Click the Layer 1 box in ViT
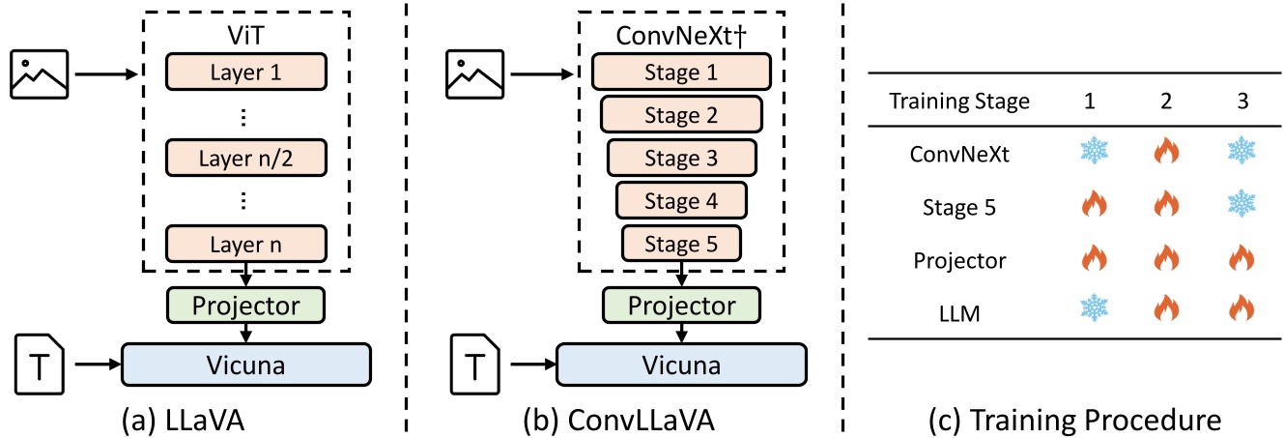pyautogui.click(x=245, y=72)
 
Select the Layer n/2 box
pyautogui.click(x=245, y=157)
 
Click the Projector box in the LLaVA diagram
pyautogui.click(x=245, y=305)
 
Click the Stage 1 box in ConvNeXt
pyautogui.click(x=680, y=73)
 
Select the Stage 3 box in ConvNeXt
pyautogui.click(x=680, y=159)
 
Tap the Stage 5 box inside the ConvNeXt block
pyautogui.click(x=680, y=243)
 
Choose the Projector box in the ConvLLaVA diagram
pyautogui.click(x=680, y=305)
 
